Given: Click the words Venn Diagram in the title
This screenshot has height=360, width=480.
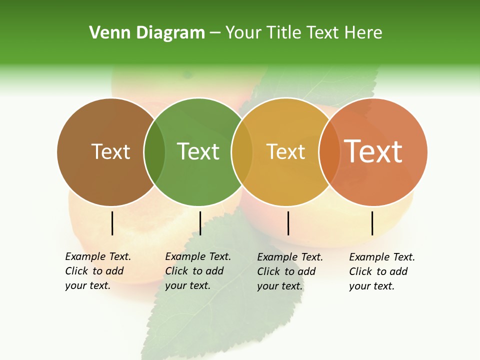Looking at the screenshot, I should tap(147, 33).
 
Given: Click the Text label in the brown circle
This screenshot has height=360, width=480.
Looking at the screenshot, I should tap(110, 151).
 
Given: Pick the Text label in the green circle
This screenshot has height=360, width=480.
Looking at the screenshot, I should tap(198, 151).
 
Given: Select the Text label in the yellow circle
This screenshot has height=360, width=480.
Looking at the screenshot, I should tap(285, 151).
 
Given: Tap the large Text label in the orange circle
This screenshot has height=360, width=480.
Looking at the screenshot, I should tap(373, 151).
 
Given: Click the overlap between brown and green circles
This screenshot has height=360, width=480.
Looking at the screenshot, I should tap(154, 151).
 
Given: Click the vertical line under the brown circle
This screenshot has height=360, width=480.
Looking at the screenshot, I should tap(112, 223).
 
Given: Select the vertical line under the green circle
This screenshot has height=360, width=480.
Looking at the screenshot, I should tap(200, 223).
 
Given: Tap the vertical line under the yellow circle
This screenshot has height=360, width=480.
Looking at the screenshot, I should tap(288, 223).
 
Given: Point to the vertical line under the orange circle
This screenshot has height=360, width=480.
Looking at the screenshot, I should tap(372, 223).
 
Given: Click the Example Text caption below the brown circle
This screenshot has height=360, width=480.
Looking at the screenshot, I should tap(98, 271).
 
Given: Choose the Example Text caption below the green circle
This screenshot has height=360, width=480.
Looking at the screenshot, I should tap(198, 271).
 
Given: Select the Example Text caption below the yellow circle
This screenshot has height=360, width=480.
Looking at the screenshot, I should tap(290, 271).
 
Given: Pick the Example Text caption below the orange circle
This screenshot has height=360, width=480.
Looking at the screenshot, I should tap(382, 271).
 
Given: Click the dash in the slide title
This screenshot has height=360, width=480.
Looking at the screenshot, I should tap(215, 33).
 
